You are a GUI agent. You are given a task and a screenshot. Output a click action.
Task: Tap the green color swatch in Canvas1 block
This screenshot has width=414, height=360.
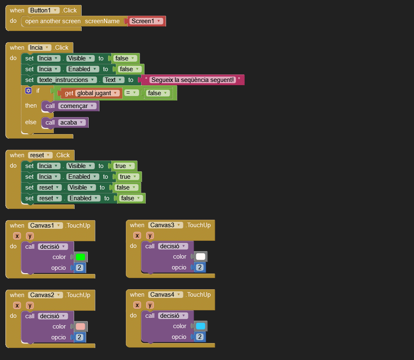pyautogui.click(x=80, y=257)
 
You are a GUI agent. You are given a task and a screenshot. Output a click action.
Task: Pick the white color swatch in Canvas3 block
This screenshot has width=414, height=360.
pyautogui.click(x=200, y=257)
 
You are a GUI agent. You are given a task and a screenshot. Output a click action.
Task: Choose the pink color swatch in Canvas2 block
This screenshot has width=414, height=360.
pyautogui.click(x=80, y=326)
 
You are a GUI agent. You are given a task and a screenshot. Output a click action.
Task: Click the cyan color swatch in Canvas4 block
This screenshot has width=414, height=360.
pyautogui.click(x=200, y=326)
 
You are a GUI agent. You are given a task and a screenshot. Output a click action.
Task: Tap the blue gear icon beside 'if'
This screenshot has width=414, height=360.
pyautogui.click(x=28, y=91)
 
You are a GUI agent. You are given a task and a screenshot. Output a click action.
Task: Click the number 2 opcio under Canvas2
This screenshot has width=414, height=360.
pyautogui.click(x=79, y=337)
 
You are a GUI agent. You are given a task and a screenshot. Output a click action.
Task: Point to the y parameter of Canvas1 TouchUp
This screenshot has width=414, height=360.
pyautogui.click(x=30, y=236)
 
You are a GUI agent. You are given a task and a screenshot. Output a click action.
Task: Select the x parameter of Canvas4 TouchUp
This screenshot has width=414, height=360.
pyautogui.click(x=137, y=305)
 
